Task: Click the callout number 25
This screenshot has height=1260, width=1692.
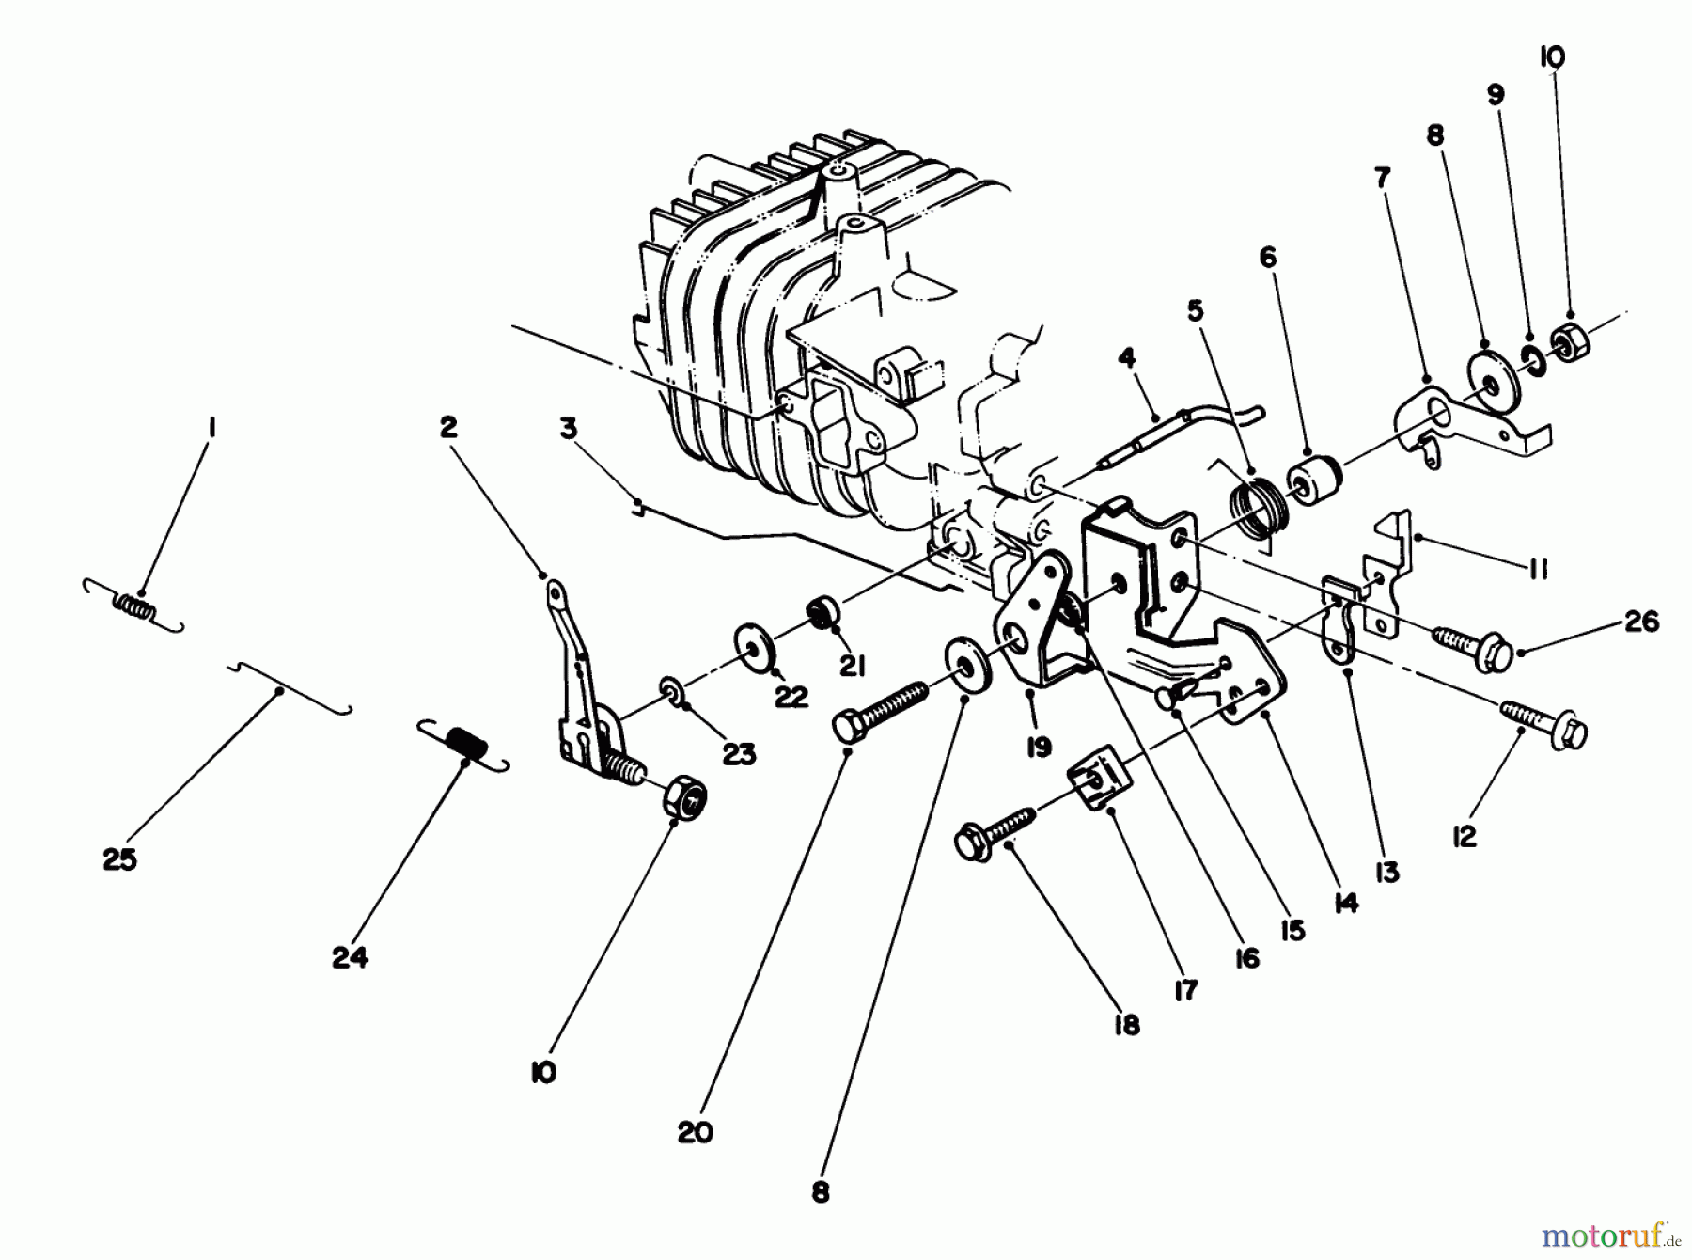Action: [x=120, y=859]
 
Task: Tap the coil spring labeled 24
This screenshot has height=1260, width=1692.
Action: [x=464, y=745]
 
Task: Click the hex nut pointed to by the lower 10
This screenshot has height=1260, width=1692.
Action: [x=684, y=799]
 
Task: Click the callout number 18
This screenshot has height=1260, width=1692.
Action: [x=1125, y=1024]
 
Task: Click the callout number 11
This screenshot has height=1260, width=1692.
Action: [x=1538, y=569]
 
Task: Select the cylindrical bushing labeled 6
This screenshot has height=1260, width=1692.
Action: [x=1316, y=480]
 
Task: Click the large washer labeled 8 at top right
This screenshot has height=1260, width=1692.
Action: [x=1488, y=379]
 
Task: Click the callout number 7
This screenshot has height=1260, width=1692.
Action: [x=1382, y=177]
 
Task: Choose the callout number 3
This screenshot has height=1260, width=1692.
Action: [x=568, y=428]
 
